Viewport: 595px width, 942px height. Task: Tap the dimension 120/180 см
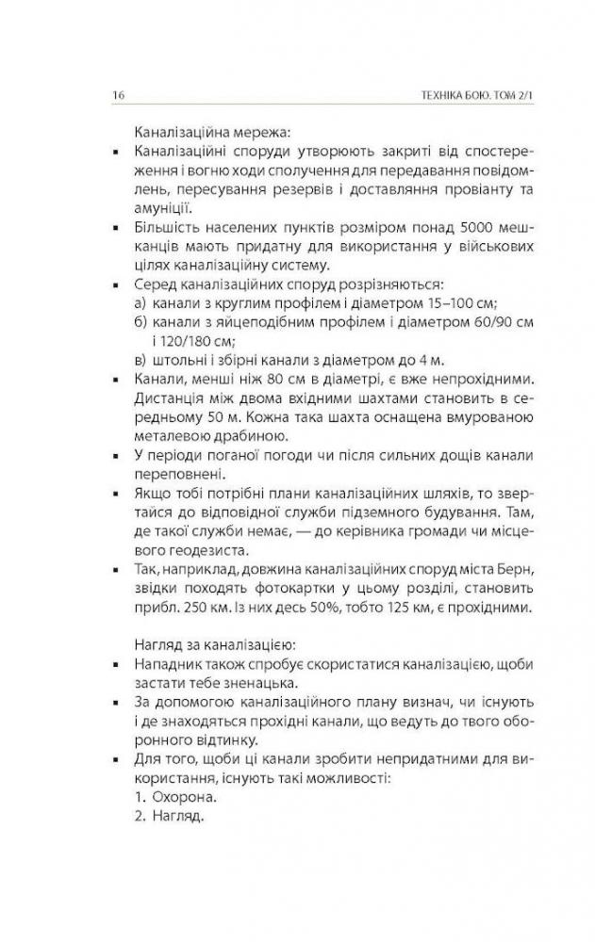point(186,341)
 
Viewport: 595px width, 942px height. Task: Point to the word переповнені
point(176,476)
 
